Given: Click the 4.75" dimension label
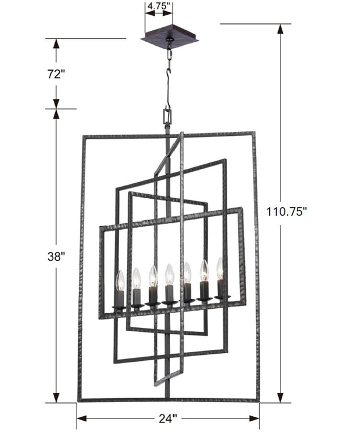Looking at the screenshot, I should [159, 7].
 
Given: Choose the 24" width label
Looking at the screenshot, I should [168, 418].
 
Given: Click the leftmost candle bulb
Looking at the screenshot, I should [119, 281].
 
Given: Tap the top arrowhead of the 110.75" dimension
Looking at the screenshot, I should [280, 29].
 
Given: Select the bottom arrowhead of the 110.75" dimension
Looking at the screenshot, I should [280, 397].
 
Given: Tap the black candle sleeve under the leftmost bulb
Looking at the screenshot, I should [119, 299].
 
